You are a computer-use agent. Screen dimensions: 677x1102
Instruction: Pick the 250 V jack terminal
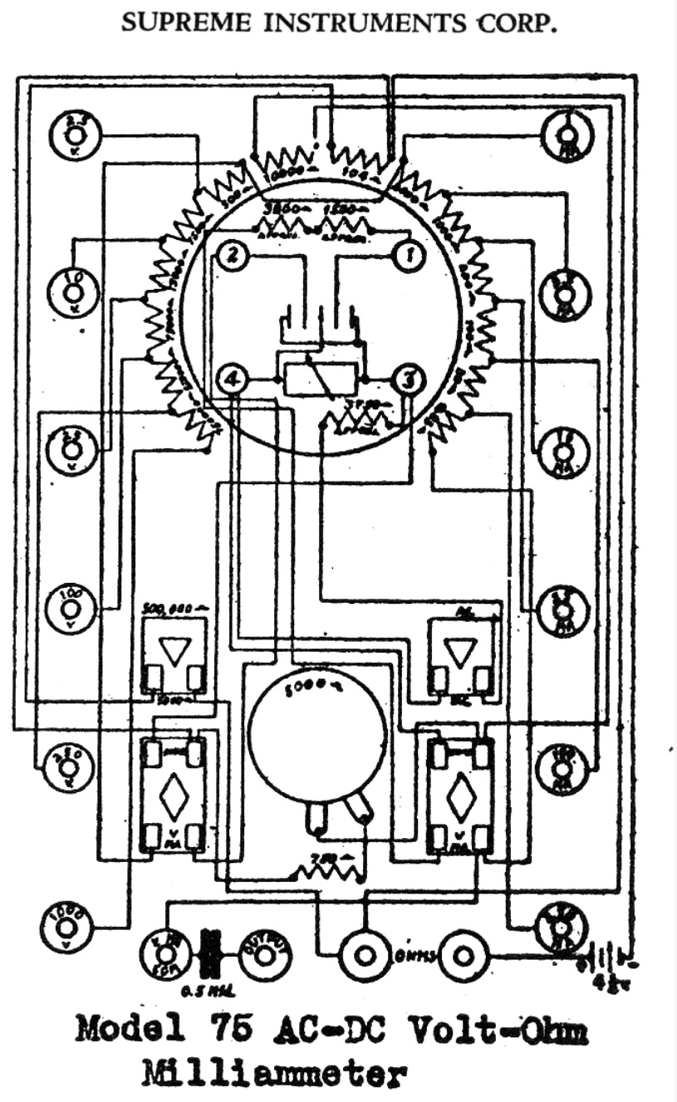pyautogui.click(x=67, y=765)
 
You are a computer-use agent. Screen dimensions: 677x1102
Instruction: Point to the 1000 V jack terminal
pyautogui.click(x=67, y=925)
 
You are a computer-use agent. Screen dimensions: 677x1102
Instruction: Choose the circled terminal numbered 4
pyautogui.click(x=233, y=380)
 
